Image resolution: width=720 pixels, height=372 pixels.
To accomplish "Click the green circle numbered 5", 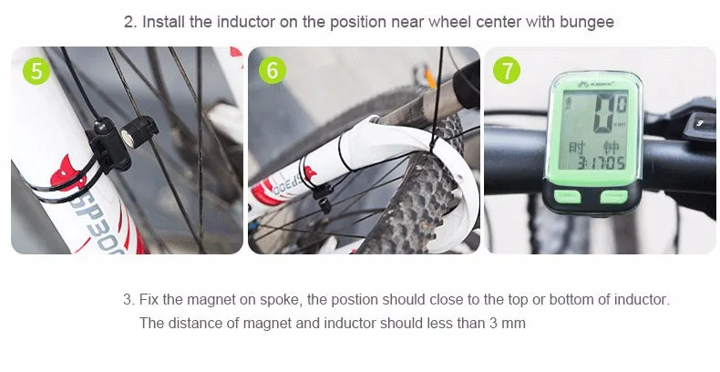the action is [x=36, y=71].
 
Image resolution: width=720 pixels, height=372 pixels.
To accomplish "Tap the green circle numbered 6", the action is [x=273, y=71].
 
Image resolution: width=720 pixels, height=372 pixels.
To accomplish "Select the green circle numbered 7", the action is [x=507, y=71].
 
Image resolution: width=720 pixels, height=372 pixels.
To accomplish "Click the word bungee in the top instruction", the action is [x=586, y=22].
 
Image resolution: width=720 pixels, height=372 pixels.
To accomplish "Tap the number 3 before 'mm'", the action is [x=493, y=324].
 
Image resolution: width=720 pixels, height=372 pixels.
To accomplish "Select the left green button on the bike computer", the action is [x=568, y=197].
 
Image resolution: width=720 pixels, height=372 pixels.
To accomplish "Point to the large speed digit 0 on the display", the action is [x=604, y=113].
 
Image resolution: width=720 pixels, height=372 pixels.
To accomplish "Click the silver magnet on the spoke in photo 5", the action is [x=128, y=139].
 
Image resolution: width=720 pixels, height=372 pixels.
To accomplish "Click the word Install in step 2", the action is [x=163, y=22].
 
